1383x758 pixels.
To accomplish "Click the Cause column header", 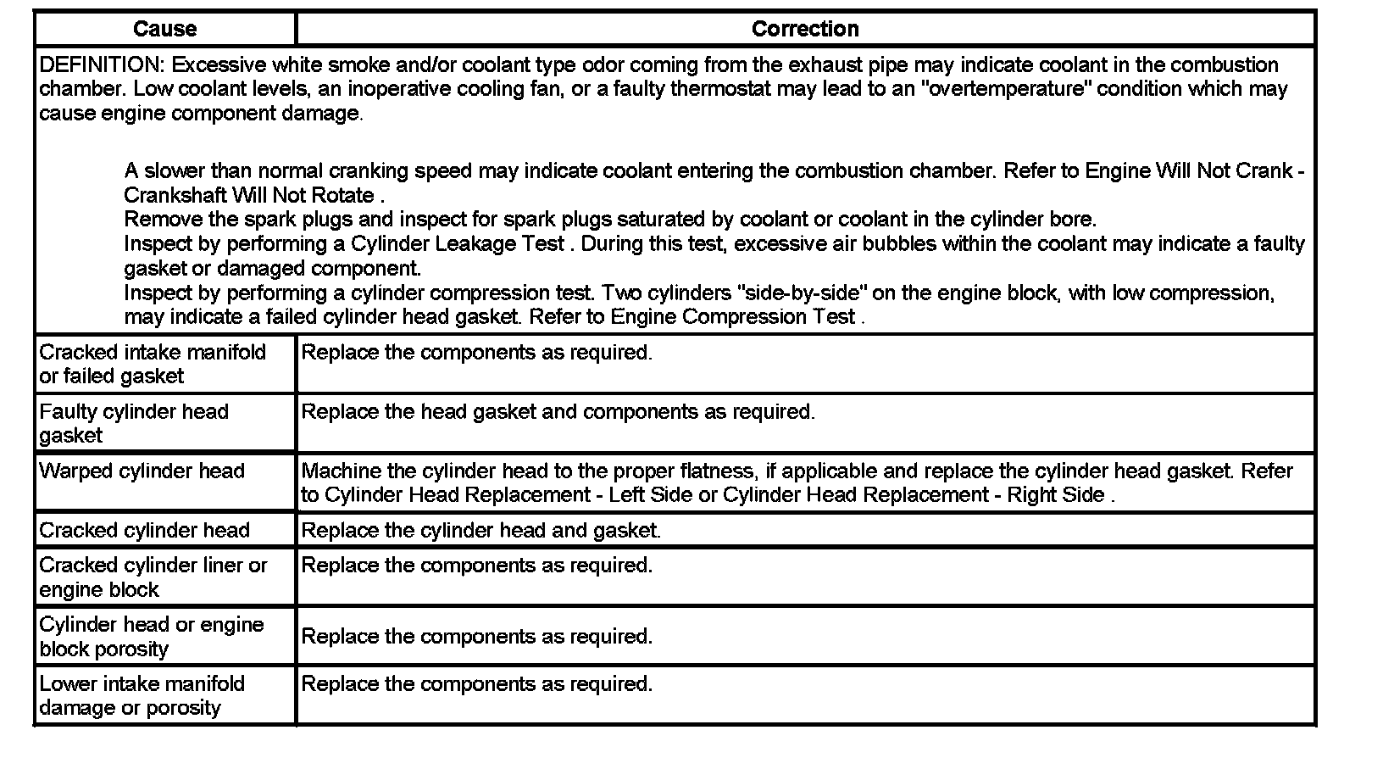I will tap(164, 29).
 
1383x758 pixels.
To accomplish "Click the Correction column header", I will tap(805, 29).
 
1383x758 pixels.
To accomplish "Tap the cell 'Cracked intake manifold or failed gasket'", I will tap(153, 364).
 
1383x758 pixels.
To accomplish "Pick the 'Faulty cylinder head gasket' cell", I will tap(134, 423).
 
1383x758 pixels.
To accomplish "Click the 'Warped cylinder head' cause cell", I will tap(142, 471).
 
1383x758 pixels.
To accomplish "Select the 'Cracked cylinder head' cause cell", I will tap(144, 531).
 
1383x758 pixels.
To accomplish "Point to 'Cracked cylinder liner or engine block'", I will tap(153, 577).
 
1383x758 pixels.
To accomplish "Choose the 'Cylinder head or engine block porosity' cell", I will tap(152, 636).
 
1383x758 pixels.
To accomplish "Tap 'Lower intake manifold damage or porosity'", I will tap(142, 695).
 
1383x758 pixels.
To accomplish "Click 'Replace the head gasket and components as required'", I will tap(558, 412).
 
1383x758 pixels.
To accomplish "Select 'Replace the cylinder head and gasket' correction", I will tap(480, 531).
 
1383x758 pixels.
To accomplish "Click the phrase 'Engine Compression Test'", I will tap(733, 317).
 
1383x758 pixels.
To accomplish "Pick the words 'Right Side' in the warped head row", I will tap(1055, 495).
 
